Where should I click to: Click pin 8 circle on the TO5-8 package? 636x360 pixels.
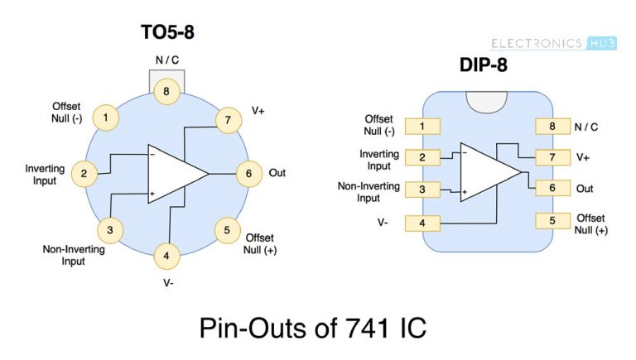166,91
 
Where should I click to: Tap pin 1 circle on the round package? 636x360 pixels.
105,118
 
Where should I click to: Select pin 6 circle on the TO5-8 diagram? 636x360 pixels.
248,174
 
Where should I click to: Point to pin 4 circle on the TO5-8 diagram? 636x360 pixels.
166,256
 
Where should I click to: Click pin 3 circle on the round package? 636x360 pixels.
109,229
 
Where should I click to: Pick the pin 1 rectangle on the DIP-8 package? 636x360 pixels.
423,127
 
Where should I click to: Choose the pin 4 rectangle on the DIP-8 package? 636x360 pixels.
423,223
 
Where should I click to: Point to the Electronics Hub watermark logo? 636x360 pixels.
553,43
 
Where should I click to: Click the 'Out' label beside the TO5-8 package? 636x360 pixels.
277,174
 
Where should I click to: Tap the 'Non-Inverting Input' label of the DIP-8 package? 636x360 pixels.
369,192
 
